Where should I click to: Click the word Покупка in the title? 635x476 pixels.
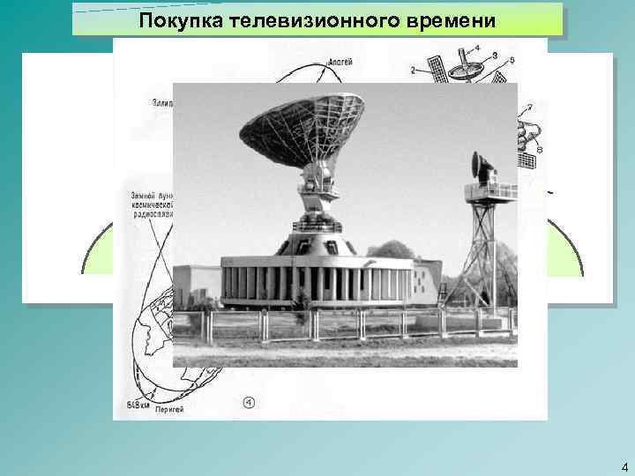168,20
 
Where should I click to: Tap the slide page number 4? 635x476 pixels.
624,467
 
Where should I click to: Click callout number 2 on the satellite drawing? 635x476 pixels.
412,70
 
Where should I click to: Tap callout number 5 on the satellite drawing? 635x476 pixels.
512,59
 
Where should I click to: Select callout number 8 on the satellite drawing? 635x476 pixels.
539,149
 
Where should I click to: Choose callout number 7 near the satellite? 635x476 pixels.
528,107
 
